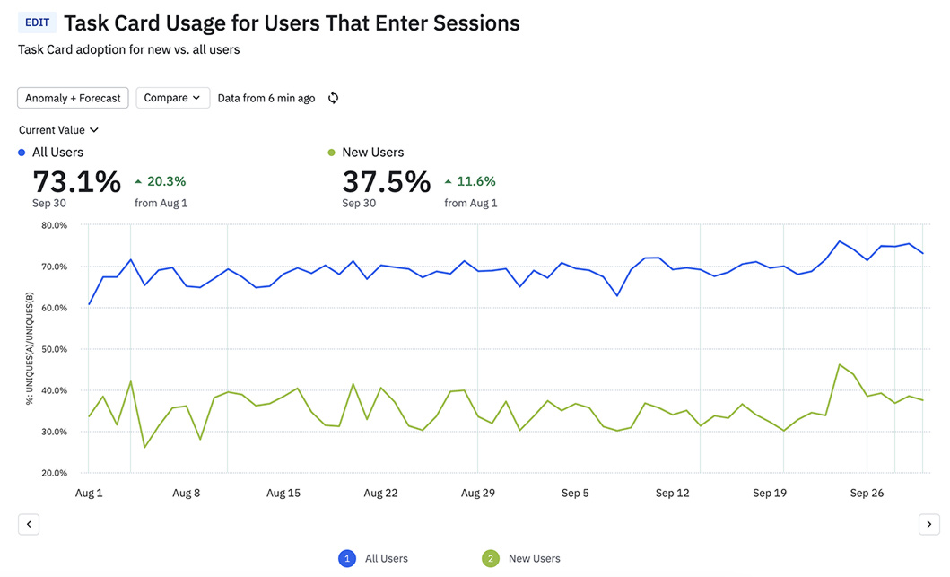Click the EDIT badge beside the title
coord(38,22)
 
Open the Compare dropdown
coord(172,98)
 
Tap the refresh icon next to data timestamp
coord(333,98)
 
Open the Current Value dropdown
coord(58,130)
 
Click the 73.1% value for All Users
coord(76,181)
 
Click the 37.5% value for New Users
coord(387,181)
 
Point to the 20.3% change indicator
coord(161,181)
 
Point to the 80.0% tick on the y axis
coord(55,225)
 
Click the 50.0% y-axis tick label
coord(55,349)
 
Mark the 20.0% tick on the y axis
coord(55,473)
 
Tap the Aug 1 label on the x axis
coord(88,493)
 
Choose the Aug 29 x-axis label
coord(478,493)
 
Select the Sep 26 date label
coord(867,493)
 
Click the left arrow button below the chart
coord(29,524)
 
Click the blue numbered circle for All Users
coord(347,558)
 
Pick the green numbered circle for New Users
coord(491,558)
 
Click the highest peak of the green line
coord(840,364)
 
